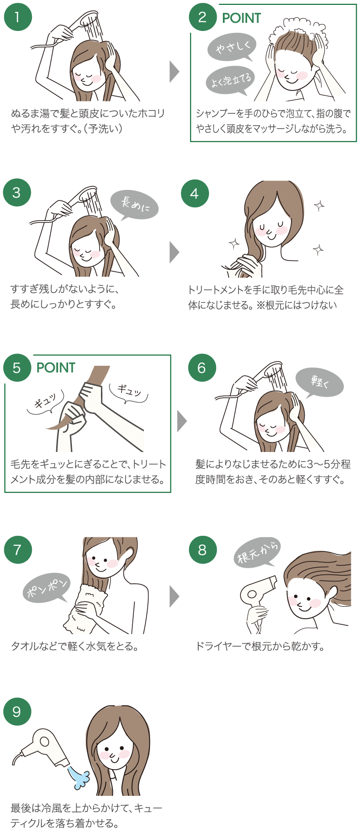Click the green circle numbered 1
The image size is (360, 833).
tap(18, 17)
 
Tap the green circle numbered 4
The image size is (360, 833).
tap(195, 193)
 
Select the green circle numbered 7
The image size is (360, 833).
tap(18, 550)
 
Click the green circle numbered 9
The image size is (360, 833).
tap(17, 712)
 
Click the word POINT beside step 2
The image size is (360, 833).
tap(241, 18)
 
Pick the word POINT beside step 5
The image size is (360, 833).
tap(56, 368)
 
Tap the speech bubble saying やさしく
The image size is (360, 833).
tap(232, 47)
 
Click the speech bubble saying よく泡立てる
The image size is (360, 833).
tap(230, 80)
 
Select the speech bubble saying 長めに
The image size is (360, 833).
tap(134, 204)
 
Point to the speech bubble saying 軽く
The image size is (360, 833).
tap(320, 382)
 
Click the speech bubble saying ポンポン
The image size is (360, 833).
tap(47, 589)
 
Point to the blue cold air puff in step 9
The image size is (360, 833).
tap(80, 776)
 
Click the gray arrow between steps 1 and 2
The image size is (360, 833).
tap(174, 72)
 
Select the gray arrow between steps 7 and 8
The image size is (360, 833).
tap(174, 596)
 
